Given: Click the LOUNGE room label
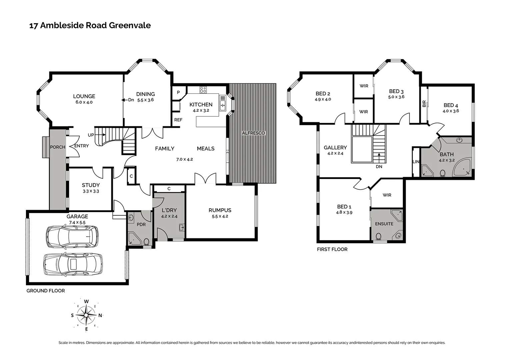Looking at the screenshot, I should click(84, 96).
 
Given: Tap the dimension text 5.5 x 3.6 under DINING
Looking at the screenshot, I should click(145, 100).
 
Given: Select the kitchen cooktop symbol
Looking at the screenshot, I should click(203, 89).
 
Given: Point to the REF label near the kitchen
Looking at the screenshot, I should click(178, 120).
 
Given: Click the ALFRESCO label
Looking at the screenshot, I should click(253, 133).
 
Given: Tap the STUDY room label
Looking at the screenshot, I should click(91, 185).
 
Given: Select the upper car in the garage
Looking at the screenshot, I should click(72, 237).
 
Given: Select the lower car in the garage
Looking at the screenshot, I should click(73, 264).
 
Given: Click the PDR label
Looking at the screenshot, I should click(141, 225).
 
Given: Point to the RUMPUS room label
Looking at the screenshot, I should click(220, 210).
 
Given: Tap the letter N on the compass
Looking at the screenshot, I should click(100, 315).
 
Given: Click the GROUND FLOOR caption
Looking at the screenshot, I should click(46, 291).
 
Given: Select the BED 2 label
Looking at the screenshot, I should click(323, 94).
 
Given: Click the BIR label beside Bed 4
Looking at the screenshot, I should click(424, 104).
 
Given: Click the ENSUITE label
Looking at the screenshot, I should click(384, 224).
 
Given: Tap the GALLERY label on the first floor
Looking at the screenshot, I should click(335, 148).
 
